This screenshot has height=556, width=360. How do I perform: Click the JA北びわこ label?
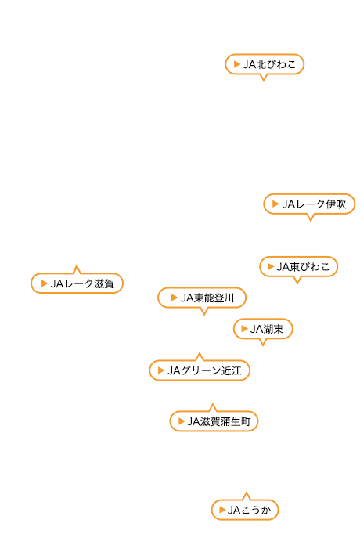(265, 64)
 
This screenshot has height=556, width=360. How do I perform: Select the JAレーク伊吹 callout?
(309, 204)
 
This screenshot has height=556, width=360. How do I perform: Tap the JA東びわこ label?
(299, 267)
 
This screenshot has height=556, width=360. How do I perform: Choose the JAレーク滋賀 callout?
(77, 283)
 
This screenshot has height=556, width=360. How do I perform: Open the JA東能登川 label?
(202, 298)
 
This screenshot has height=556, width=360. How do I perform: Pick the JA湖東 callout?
(263, 329)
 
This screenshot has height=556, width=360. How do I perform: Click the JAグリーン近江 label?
(200, 370)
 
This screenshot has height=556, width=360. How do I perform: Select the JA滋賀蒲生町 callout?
(214, 421)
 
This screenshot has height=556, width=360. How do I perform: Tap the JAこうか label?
(245, 510)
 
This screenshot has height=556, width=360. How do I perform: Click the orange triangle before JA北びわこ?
(237, 64)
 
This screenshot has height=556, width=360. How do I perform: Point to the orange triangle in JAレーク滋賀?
(45, 283)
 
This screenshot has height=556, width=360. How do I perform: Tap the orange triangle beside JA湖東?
(244, 329)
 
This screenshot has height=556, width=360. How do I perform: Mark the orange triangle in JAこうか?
(222, 510)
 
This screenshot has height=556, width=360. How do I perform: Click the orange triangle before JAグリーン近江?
(161, 370)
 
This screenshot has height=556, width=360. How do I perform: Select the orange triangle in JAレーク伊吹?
(275, 204)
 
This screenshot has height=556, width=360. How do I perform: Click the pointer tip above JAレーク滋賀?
(77, 265)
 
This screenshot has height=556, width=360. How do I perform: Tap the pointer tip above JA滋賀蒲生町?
(213, 404)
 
